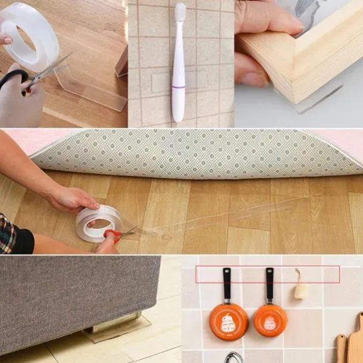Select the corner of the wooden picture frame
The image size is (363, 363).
[x=298, y=77]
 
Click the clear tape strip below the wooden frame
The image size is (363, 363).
[x=318, y=98]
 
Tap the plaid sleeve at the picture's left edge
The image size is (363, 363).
[x=7, y=233]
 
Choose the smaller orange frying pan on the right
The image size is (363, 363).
[x=271, y=320]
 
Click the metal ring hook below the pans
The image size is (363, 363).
[x=233, y=358]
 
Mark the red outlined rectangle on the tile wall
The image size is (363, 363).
[x=268, y=274]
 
